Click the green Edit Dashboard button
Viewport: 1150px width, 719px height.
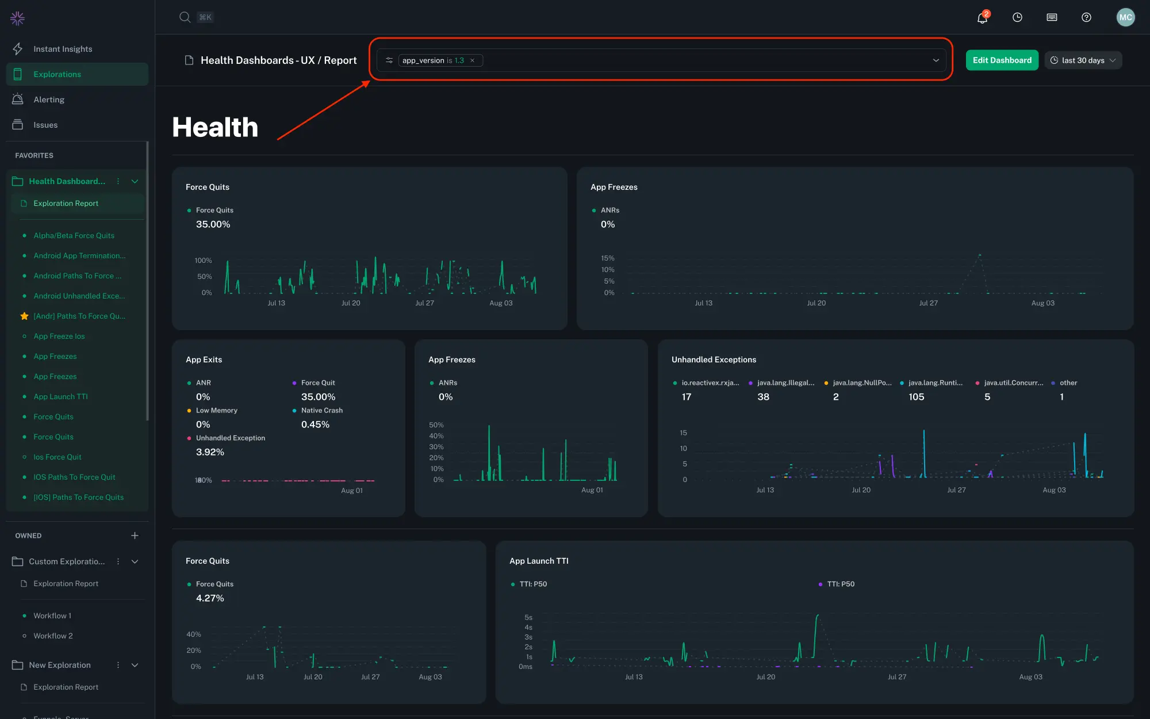point(1002,60)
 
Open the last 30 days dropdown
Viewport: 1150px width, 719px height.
point(1083,60)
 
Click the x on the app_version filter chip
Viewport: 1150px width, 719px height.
point(473,60)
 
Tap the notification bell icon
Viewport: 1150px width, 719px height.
point(982,18)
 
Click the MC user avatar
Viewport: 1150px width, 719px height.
point(1125,17)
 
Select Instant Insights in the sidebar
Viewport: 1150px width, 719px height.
point(63,49)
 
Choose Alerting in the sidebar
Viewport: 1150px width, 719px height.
point(49,100)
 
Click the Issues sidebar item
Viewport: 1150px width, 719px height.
point(45,125)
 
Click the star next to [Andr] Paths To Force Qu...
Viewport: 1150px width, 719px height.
point(24,316)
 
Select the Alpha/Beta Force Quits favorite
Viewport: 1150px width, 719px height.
point(74,235)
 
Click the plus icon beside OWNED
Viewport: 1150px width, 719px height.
point(135,536)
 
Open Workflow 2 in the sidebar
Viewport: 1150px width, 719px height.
point(53,636)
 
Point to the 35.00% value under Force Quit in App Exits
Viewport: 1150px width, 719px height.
point(318,397)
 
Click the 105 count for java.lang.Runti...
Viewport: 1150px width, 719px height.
point(916,397)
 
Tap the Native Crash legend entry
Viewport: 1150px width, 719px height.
point(321,410)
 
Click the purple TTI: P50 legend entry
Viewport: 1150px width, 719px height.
point(840,584)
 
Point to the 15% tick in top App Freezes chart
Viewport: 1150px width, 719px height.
point(608,258)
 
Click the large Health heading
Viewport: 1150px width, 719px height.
point(215,127)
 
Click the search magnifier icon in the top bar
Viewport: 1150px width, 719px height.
point(185,17)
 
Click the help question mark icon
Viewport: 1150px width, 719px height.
point(1086,17)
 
